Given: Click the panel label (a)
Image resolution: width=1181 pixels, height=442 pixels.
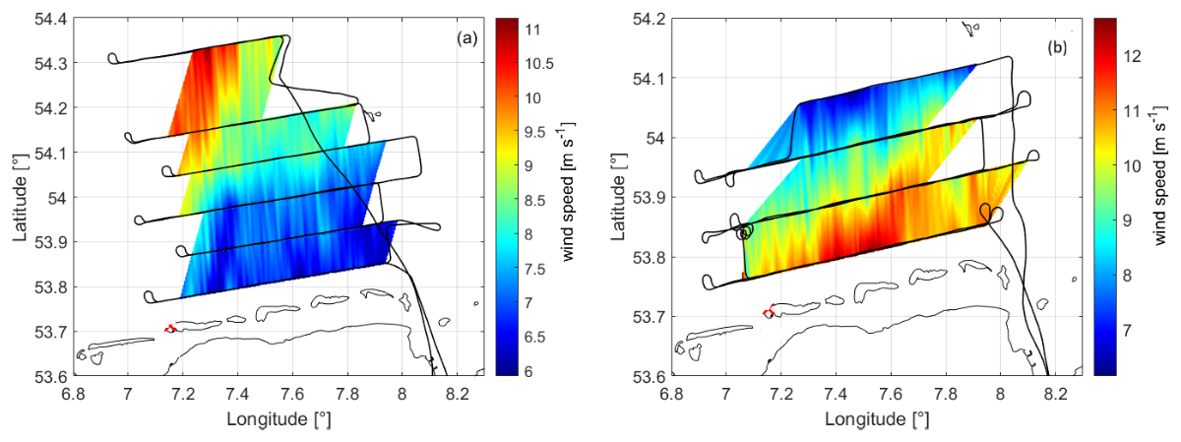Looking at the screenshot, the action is (467, 38).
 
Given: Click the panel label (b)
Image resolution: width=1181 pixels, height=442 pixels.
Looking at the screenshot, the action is (1057, 48).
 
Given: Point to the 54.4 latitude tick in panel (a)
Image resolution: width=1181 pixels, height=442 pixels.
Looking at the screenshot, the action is (50, 20).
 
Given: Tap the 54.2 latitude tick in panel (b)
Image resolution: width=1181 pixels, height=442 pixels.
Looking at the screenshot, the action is (649, 20).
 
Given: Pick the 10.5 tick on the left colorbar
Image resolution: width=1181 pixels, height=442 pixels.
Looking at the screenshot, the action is (539, 64).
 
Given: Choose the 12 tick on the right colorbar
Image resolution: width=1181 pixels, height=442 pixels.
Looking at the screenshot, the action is (1132, 56).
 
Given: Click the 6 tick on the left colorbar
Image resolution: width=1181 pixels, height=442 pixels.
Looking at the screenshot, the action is (528, 371).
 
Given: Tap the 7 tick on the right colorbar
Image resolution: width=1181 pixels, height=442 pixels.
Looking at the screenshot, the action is (1127, 331).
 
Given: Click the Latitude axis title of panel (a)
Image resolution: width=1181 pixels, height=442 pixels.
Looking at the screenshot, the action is (20, 197).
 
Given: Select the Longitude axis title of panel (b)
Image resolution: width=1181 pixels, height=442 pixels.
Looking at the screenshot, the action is (877, 419).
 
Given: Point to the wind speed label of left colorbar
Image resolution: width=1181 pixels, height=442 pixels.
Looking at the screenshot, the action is (567, 191).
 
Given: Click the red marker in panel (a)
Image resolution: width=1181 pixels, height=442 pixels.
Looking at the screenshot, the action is (169, 328).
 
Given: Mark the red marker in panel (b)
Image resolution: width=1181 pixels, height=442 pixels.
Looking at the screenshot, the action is (769, 311).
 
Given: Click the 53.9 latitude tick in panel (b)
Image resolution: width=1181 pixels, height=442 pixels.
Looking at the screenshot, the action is (649, 198).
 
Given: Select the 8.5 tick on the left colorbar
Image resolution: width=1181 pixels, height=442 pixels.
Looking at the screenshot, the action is (535, 201).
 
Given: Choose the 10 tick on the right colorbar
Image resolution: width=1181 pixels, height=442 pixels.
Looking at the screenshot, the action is (1132, 166).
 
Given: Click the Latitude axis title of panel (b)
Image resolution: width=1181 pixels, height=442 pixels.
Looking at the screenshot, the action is (618, 197).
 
